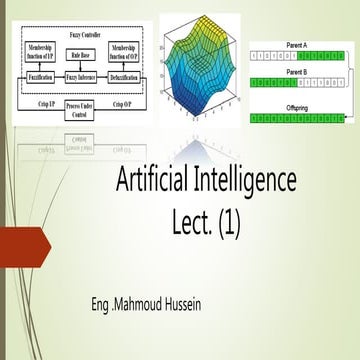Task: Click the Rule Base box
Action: [82, 56]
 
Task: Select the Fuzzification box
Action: [42, 77]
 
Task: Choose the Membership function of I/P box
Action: [42, 51]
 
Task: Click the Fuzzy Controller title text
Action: [84, 34]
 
